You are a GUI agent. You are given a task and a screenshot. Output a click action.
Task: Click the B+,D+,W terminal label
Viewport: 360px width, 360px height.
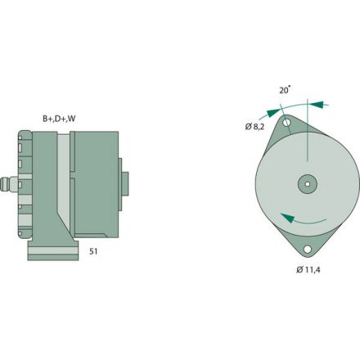(x=60, y=118)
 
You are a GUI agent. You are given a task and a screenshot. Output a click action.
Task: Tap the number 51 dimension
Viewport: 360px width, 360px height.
(x=93, y=253)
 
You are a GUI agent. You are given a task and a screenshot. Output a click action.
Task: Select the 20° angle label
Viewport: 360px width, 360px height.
(x=284, y=92)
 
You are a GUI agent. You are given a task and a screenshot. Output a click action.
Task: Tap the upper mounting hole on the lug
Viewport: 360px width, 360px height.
(x=287, y=124)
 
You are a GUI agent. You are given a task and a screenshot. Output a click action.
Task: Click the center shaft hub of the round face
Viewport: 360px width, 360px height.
(x=307, y=184)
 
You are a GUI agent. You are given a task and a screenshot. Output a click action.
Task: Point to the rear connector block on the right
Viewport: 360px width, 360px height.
(x=124, y=183)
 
